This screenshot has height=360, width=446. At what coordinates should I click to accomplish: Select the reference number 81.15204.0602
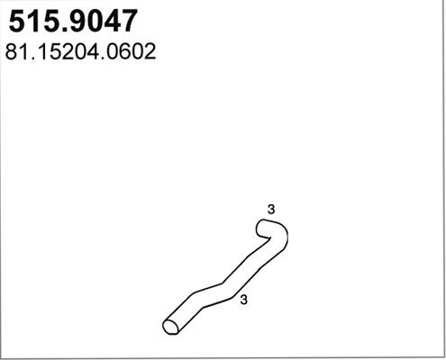click(x=82, y=51)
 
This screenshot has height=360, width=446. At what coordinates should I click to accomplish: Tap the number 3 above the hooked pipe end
click(x=271, y=210)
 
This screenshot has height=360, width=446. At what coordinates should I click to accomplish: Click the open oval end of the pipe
click(x=170, y=325)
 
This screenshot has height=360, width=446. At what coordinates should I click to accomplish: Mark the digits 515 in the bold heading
click(x=30, y=22)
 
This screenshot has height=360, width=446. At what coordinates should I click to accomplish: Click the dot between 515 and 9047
click(x=58, y=30)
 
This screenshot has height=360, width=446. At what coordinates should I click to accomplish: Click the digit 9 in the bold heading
click(x=72, y=22)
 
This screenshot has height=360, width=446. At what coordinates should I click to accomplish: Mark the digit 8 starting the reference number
click(x=12, y=51)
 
